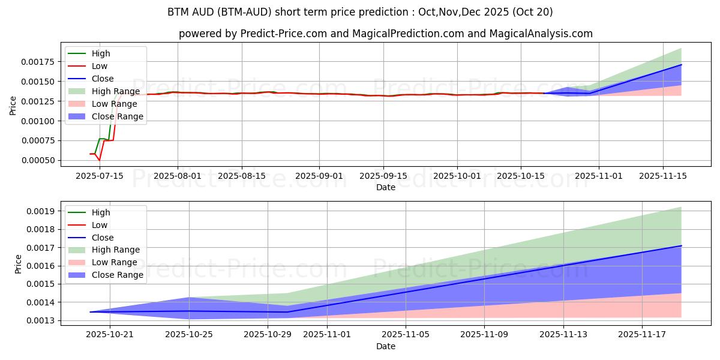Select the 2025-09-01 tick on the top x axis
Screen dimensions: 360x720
click(x=319, y=175)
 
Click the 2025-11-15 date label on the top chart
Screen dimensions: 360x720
click(x=663, y=175)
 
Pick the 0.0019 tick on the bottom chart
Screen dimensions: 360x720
click(x=41, y=211)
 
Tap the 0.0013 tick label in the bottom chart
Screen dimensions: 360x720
click(x=41, y=320)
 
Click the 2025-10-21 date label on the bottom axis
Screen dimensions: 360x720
click(x=110, y=335)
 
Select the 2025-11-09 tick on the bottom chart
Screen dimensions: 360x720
click(x=484, y=335)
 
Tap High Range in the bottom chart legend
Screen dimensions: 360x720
click(x=116, y=250)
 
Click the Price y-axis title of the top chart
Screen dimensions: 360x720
click(x=13, y=105)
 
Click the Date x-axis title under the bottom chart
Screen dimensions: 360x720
click(x=386, y=346)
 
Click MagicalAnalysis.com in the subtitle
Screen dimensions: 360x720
click(x=541, y=34)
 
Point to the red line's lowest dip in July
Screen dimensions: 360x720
click(x=100, y=160)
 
